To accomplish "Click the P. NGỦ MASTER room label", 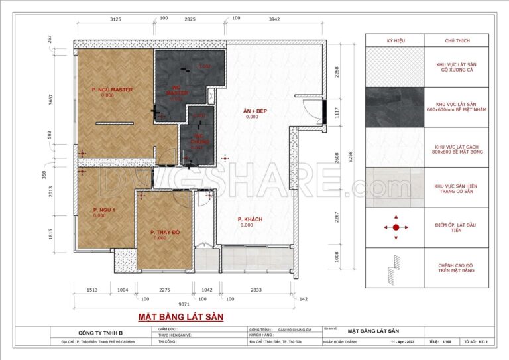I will click(113, 90).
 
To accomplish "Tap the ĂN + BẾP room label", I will click(252, 110).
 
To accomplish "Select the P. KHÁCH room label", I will click(247, 219).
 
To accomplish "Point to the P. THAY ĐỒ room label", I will click(160, 232).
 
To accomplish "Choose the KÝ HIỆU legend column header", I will click(395, 41).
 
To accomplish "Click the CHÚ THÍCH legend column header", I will click(456, 41).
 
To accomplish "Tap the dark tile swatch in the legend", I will click(395, 107).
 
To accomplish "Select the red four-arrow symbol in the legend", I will click(395, 227).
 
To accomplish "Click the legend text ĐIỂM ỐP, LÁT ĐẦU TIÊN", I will click(456, 227).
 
